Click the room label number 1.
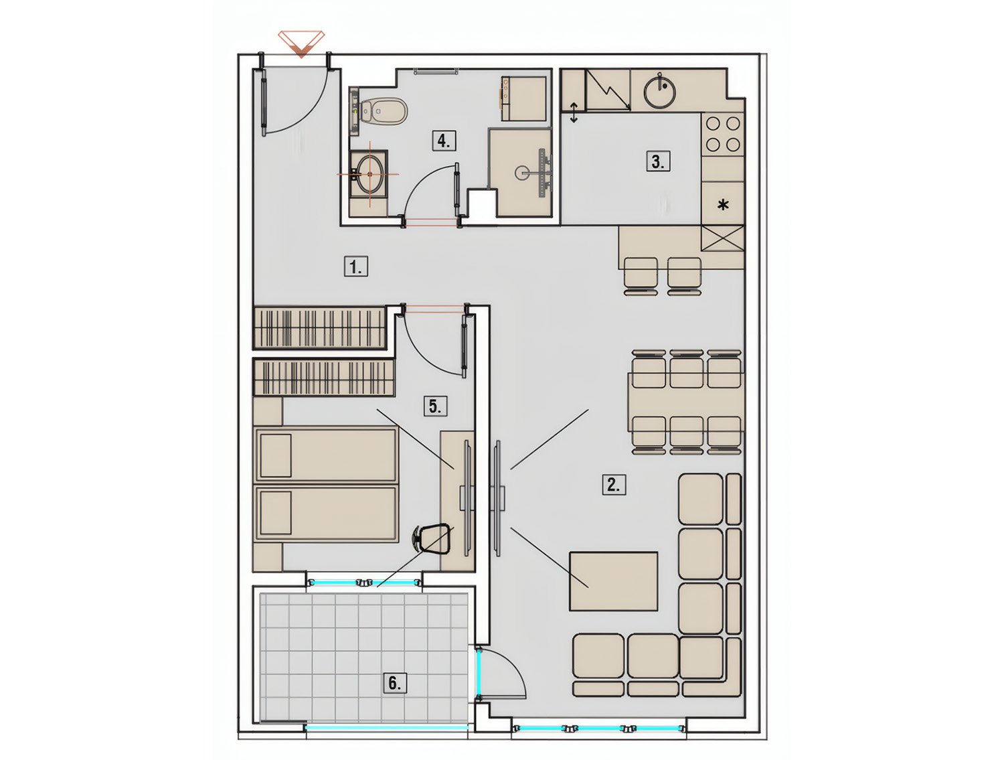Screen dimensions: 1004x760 355,267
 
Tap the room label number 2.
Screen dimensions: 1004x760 613,485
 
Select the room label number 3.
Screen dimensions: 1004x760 658,161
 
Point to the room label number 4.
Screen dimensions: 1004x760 444,141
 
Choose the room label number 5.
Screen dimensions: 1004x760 435,406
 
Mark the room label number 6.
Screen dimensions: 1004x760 394,683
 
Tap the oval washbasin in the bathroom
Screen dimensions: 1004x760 369,174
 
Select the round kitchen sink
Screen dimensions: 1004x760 661,91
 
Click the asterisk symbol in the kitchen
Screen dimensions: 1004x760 723,206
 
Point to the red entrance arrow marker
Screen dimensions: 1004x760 301,44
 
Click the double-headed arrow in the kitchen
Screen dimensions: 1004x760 574,112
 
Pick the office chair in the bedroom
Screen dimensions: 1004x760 429,538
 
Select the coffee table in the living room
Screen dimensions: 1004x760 613,581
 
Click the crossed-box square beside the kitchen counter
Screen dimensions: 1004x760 722,238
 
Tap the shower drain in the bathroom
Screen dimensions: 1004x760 521,173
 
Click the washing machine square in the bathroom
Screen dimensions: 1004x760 523,98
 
